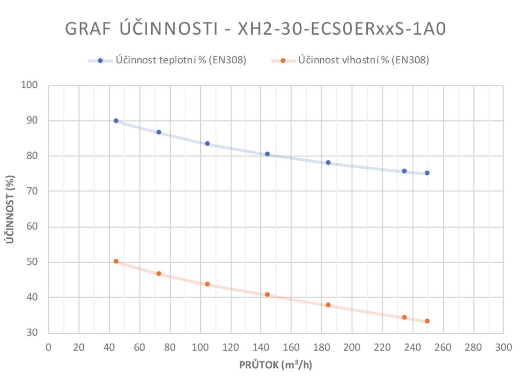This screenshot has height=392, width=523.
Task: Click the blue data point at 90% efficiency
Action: coord(116,121)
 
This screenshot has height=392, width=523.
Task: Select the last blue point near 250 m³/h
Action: coord(427,173)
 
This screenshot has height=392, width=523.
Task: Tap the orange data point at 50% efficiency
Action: coord(116,261)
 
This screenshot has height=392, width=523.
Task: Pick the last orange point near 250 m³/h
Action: coord(427,321)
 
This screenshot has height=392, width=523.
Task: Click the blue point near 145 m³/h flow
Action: coord(267,154)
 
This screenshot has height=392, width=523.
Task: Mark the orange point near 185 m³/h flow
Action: coord(328,305)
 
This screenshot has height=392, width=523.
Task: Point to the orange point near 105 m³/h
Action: coord(207,284)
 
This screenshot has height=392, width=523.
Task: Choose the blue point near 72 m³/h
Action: coord(159,132)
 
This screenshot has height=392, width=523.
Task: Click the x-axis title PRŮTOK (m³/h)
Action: coord(276,365)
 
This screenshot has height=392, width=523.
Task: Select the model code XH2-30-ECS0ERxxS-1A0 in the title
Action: coord(342,29)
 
